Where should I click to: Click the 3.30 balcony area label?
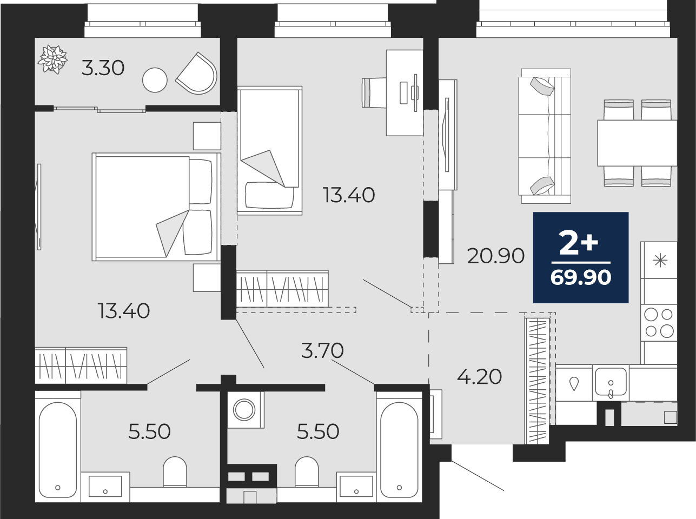[x=103, y=69]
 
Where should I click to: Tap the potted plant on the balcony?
[x=52, y=59]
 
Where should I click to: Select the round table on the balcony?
[x=155, y=80]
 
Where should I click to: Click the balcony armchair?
[x=197, y=73]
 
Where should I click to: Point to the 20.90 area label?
[x=496, y=256]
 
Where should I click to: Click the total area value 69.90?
[x=581, y=277]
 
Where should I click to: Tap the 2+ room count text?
[x=578, y=242]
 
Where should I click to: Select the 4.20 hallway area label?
[x=480, y=377]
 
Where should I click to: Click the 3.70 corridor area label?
[x=322, y=350]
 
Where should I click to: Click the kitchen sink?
[x=611, y=382]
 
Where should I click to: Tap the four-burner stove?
[x=659, y=323]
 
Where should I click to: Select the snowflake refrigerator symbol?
[x=660, y=261]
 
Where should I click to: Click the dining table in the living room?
[x=638, y=143]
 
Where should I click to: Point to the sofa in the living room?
[x=545, y=136]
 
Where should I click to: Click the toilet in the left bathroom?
[x=175, y=471]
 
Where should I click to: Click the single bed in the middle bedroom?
[x=269, y=150]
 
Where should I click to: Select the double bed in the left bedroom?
[x=156, y=207]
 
